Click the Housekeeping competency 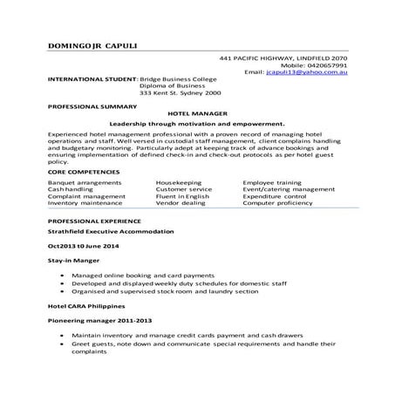coord(180,181)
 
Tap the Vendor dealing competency coord(180,202)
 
